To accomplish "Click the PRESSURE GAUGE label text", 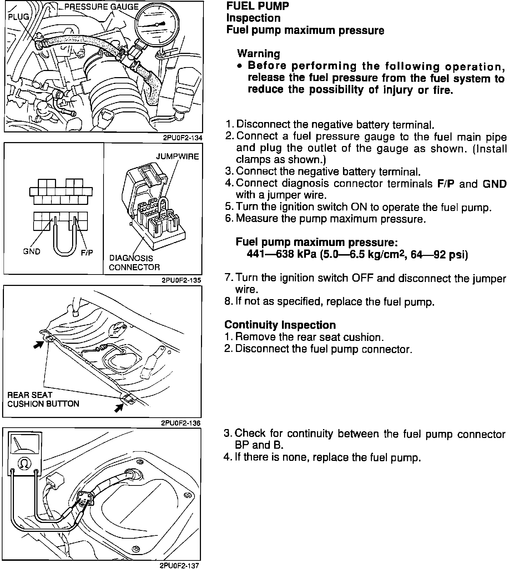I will [x=101, y=7].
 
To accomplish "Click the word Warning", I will [x=258, y=54].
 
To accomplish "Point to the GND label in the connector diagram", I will [x=32, y=251].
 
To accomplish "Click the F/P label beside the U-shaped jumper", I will [x=87, y=252].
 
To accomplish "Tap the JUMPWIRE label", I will [x=177, y=157].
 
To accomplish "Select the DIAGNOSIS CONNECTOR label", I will [x=134, y=262].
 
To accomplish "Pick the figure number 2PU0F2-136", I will [x=181, y=423].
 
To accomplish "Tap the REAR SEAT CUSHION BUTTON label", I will [x=43, y=399].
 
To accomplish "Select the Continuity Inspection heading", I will [x=280, y=325].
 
